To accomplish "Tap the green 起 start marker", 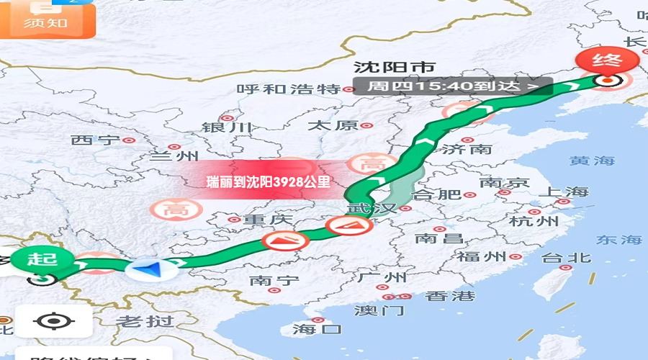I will [42, 259].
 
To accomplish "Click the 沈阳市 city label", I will [394, 68].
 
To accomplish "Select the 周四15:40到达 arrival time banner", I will [453, 86].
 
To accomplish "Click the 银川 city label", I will [227, 127].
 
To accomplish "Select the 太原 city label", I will [333, 125].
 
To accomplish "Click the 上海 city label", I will [564, 192].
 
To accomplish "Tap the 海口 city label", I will [317, 329].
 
